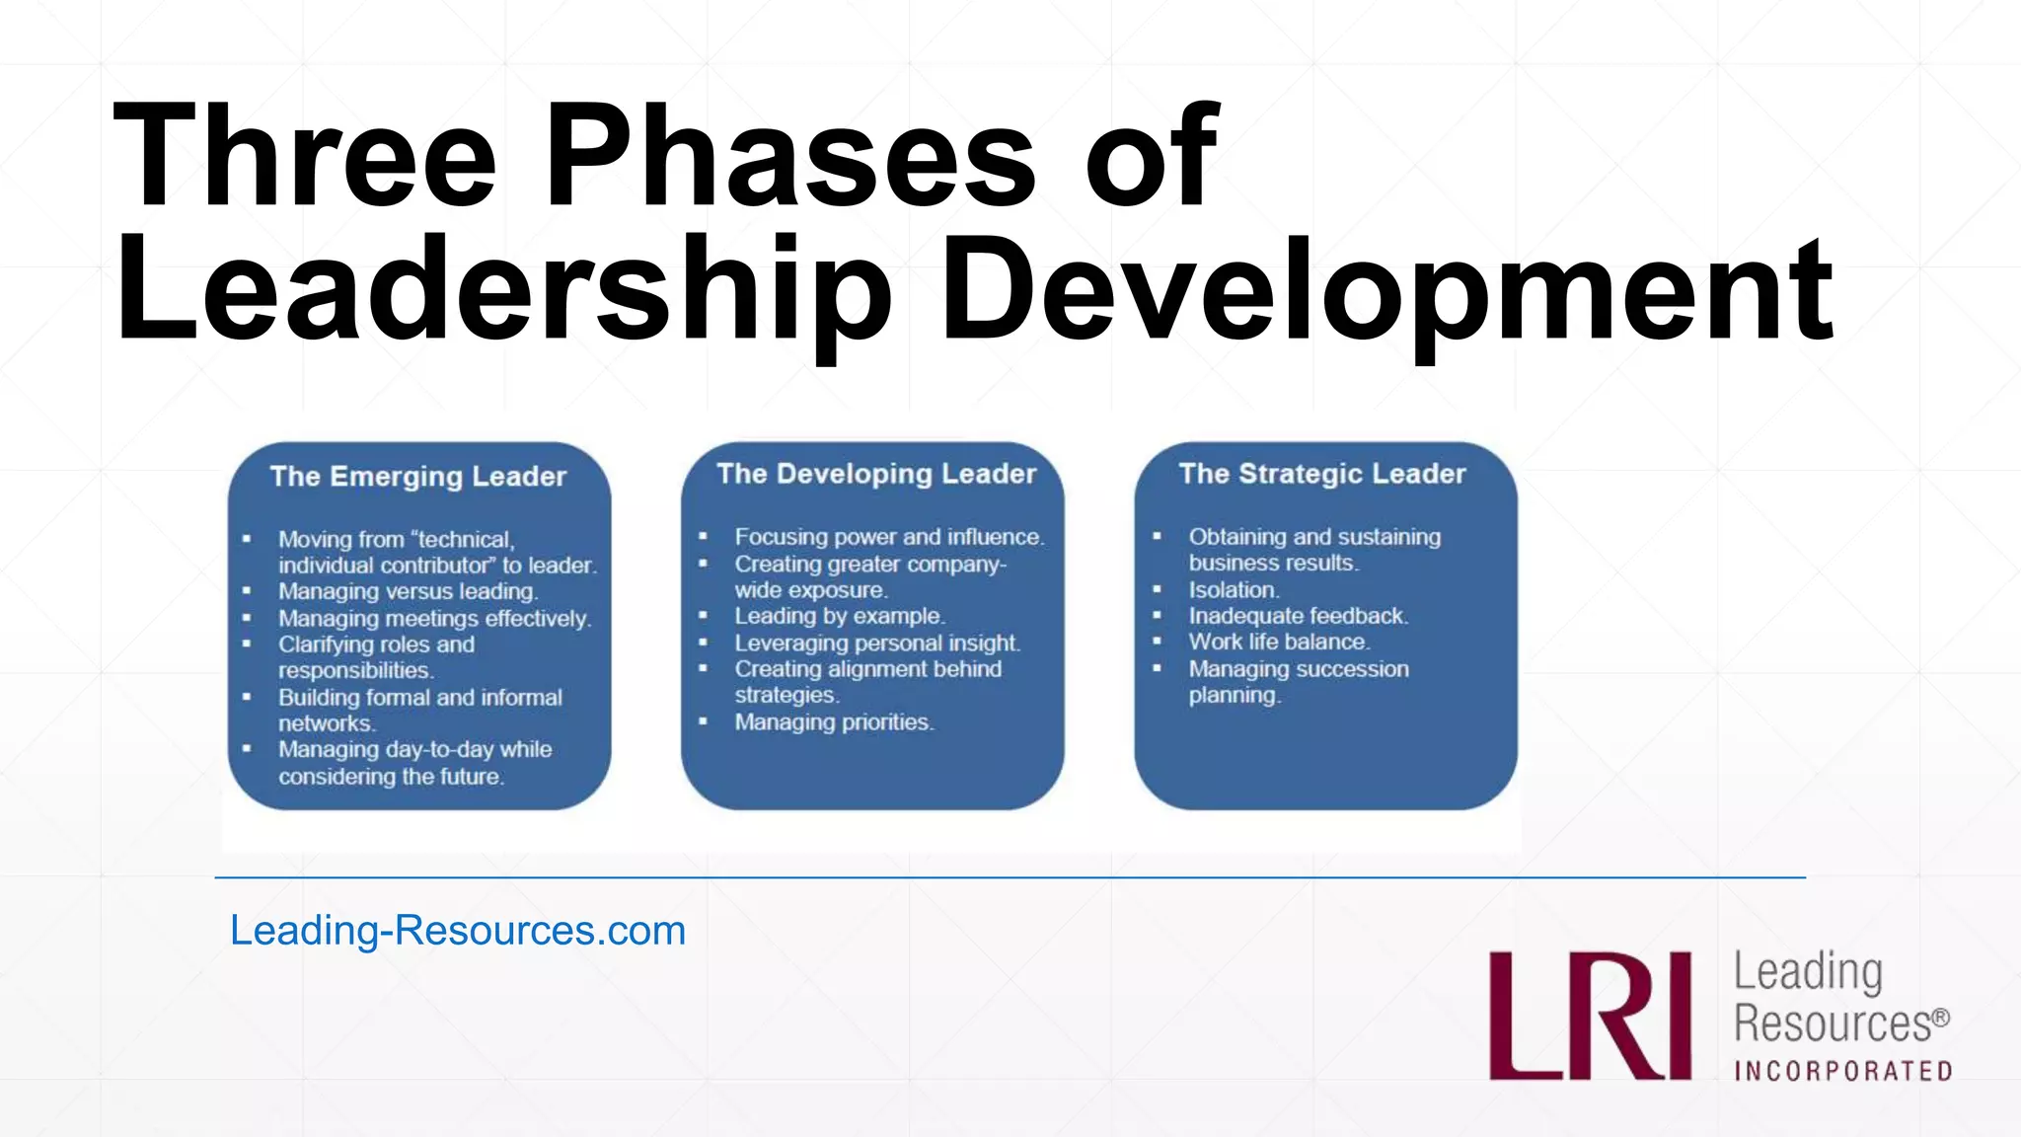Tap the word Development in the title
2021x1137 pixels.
pyautogui.click(x=1386, y=291)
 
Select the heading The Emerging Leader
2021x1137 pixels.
pyautogui.click(x=418, y=477)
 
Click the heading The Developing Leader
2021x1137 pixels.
pyautogui.click(x=876, y=474)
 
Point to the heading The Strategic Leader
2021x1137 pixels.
pyautogui.click(x=1322, y=474)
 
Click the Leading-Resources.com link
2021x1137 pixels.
pyautogui.click(x=458, y=931)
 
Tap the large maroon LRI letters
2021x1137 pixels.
pyautogui.click(x=1590, y=1016)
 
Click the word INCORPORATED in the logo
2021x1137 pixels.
pyautogui.click(x=1842, y=1072)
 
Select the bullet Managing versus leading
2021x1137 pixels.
pyautogui.click(x=408, y=591)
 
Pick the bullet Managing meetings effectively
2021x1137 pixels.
pyautogui.click(x=434, y=618)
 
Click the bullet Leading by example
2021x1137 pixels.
pyautogui.click(x=839, y=616)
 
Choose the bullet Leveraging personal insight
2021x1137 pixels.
pyautogui.click(x=876, y=643)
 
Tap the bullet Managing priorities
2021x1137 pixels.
pyautogui.click(x=834, y=722)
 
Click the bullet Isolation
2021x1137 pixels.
pyautogui.click(x=1234, y=590)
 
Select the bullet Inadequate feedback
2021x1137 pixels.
pyautogui.click(x=1298, y=616)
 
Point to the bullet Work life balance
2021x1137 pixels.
pyautogui.click(x=1279, y=642)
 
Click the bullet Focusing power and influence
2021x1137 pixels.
pyautogui.click(x=888, y=537)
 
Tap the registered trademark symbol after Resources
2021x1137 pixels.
pyautogui.click(x=1940, y=1018)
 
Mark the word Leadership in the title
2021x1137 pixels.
pyautogui.click(x=503, y=291)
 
